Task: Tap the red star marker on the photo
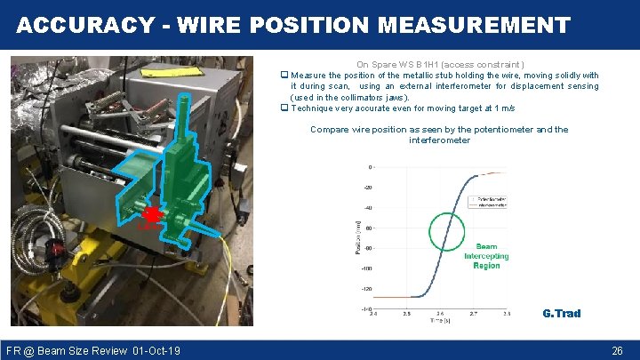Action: (151, 214)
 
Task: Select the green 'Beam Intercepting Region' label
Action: (486, 256)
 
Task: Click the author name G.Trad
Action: (561, 313)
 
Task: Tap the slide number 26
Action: (617, 351)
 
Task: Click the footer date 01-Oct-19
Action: (156, 351)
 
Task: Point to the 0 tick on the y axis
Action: (370, 167)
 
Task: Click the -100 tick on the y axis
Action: (365, 268)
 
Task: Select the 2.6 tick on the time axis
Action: (440, 314)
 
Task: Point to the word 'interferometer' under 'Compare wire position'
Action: (439, 140)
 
